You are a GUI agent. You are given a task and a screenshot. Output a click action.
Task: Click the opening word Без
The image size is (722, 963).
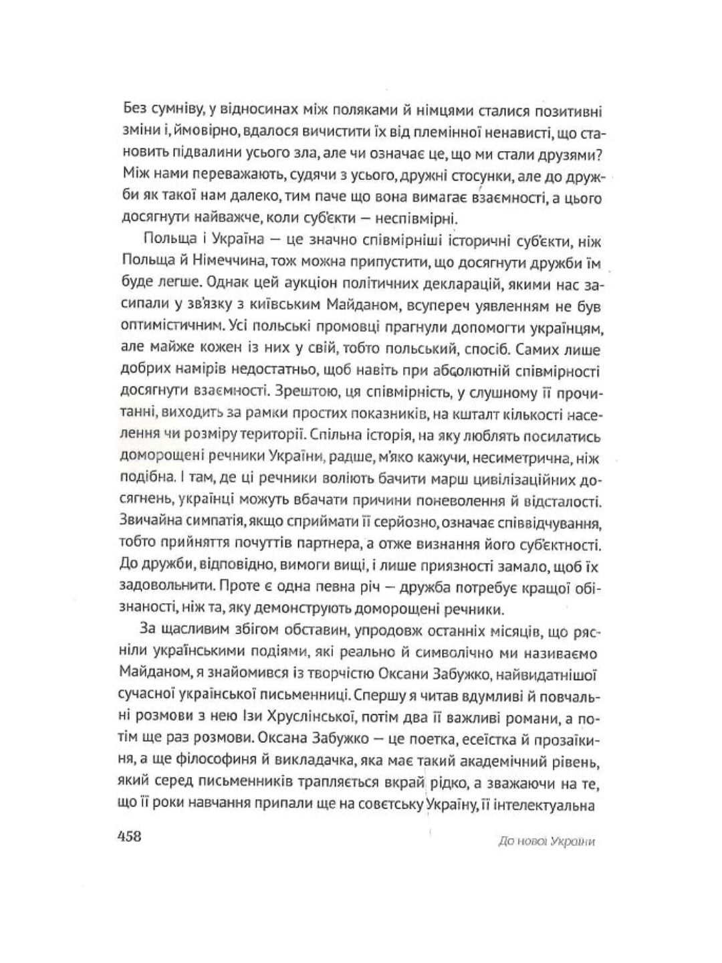136,110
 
